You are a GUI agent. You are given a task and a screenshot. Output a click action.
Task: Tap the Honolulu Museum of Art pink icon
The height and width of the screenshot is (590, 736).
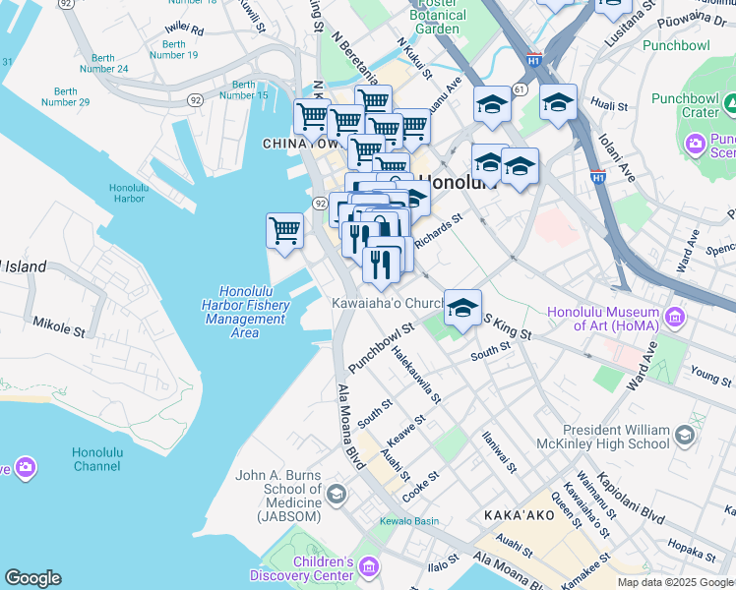675,317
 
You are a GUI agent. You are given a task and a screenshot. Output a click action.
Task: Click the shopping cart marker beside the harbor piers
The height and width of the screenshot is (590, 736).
284,232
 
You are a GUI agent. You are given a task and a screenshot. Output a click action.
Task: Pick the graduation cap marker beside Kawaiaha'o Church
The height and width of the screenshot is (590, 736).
462,308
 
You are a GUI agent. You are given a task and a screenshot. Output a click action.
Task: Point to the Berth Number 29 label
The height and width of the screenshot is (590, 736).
66,95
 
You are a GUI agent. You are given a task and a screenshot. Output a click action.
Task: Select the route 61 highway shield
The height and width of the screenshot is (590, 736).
520,89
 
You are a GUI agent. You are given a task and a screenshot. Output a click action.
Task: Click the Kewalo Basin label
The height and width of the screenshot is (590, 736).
412,520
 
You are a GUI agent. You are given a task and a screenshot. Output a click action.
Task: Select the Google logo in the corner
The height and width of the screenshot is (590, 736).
33,578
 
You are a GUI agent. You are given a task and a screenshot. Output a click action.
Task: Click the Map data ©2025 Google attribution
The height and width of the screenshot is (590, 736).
674,582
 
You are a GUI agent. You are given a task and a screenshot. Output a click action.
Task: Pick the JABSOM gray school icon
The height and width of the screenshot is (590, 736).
337,493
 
